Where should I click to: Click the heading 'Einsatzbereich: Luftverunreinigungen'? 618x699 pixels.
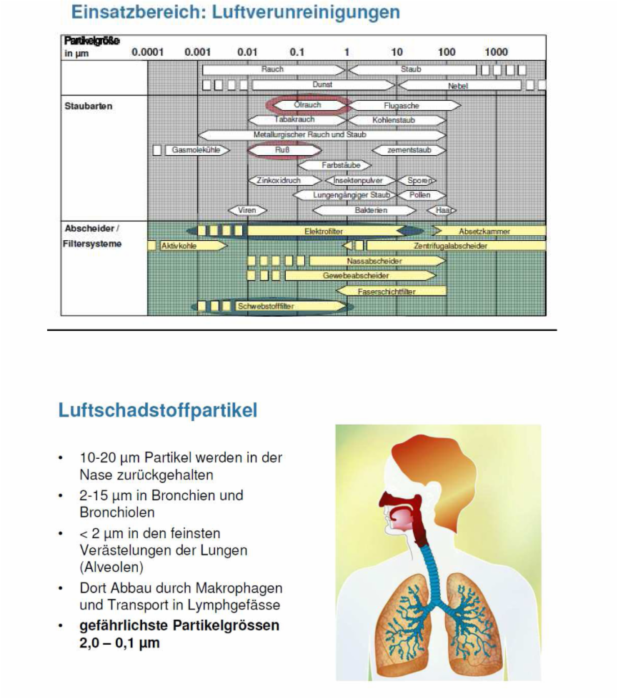coord(235,12)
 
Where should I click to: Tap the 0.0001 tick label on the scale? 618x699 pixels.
coord(147,52)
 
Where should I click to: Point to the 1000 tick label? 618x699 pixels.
coord(496,52)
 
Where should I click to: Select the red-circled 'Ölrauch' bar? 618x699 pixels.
coord(308,105)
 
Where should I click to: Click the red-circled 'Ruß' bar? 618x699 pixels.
coord(282,150)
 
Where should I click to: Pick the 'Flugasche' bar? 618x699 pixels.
coord(401,106)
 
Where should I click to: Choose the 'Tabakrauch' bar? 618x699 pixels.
coord(294,120)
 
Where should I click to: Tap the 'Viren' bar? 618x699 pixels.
coord(247,210)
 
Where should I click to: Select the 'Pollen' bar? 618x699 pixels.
coord(420,195)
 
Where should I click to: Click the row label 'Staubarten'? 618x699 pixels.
coord(89,106)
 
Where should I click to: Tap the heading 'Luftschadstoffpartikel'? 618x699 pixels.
coord(158,411)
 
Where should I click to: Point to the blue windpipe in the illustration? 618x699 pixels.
coord(432,565)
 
